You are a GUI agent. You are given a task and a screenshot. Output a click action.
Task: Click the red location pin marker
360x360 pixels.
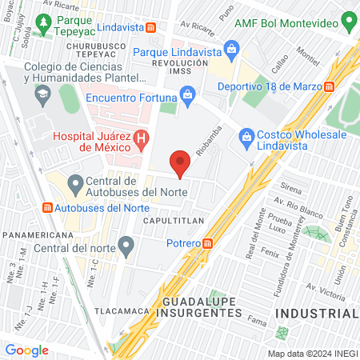coord(181,162)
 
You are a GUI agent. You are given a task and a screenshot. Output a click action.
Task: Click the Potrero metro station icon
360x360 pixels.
coord(208,242)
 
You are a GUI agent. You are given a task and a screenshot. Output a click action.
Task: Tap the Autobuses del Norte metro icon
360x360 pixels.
coord(46,207)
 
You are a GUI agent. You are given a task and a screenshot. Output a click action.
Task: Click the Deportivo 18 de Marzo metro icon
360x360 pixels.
coord(329,86)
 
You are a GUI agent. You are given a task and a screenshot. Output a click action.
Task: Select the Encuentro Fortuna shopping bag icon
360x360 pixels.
coord(187,96)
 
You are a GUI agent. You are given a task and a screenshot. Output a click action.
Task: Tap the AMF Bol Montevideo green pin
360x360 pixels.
coord(348,19)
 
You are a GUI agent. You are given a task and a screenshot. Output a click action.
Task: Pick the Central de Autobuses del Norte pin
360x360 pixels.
coord(76,185)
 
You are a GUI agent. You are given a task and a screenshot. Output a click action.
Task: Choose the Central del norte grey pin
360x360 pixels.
coord(125,244)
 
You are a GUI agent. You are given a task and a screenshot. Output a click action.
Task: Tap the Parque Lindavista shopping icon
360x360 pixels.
coord(231,50)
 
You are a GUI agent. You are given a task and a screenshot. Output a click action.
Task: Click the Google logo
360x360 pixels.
coord(26,350)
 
